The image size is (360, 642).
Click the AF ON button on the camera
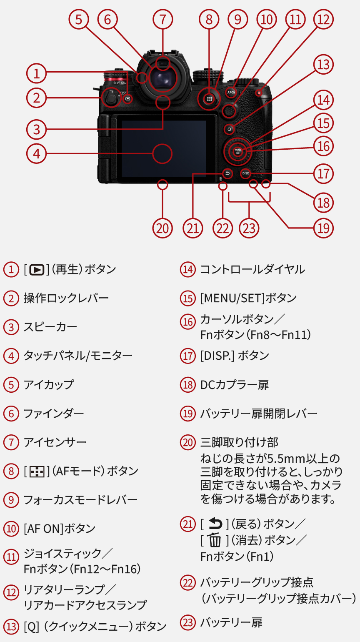pos(231,92)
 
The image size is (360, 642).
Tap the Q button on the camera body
pos(229,129)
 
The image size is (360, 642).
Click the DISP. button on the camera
pos(245,173)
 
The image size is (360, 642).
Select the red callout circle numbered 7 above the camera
pos(162,19)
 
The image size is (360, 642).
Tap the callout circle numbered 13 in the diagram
pos(323,65)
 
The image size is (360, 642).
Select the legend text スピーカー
pos(50,327)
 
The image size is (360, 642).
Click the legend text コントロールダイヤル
pos(252,269)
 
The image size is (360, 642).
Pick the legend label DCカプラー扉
pos(234,385)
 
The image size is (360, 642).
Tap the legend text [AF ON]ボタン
pos(60,529)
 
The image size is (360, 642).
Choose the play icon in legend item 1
pos(37,270)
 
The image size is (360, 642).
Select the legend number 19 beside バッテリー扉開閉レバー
pos(187,414)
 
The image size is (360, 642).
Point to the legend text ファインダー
pos(54,414)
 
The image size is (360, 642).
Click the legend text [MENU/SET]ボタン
pos(248,298)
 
